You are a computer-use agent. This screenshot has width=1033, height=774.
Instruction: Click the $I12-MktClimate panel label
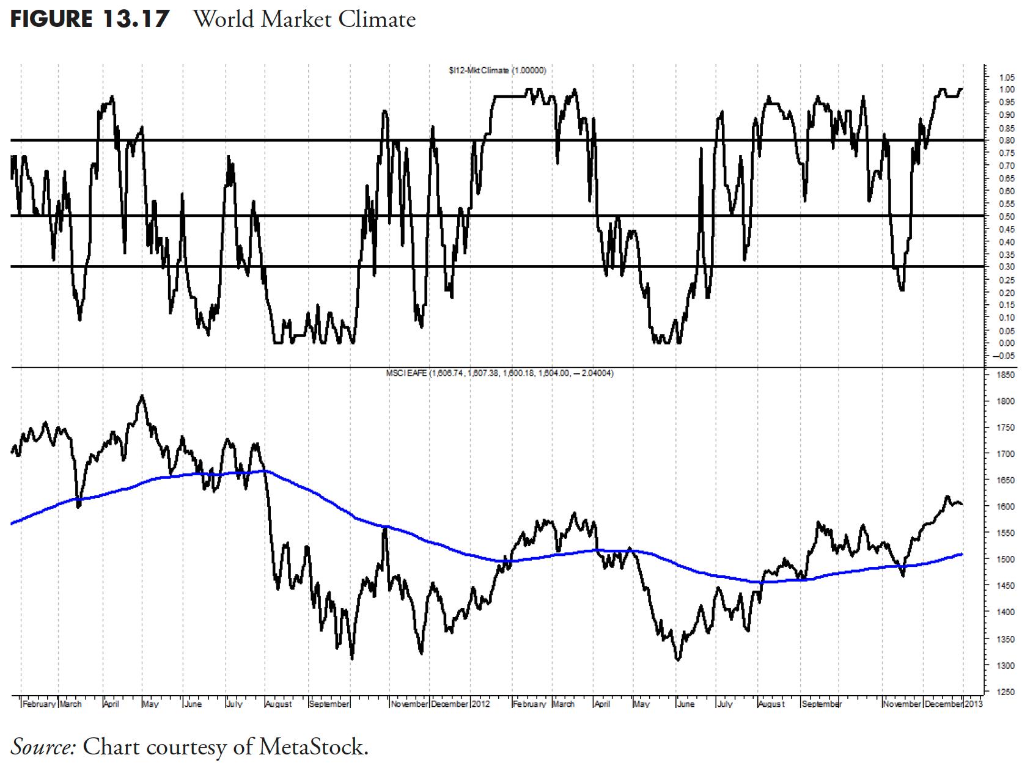point(497,71)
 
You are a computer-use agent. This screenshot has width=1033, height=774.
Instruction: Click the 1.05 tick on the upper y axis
point(1007,78)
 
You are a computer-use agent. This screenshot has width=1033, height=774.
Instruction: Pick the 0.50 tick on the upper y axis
point(1007,217)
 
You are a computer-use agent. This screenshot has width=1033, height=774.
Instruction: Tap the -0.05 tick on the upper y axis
point(1005,356)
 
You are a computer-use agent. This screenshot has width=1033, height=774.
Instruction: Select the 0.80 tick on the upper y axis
point(1007,141)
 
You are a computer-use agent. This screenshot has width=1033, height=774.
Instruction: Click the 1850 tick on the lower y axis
point(1007,375)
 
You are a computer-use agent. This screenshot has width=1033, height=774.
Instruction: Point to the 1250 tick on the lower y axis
point(1007,692)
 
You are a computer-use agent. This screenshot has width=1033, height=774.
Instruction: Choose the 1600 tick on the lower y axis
point(1007,507)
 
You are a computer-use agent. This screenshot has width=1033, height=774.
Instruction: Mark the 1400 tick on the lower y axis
point(1007,612)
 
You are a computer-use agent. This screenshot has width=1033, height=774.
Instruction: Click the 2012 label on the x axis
point(481,704)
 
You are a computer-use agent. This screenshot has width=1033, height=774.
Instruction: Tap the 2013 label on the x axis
point(974,704)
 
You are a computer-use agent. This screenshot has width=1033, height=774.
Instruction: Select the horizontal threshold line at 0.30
point(489,266)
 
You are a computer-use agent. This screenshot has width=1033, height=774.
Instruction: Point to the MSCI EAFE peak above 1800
point(142,396)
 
